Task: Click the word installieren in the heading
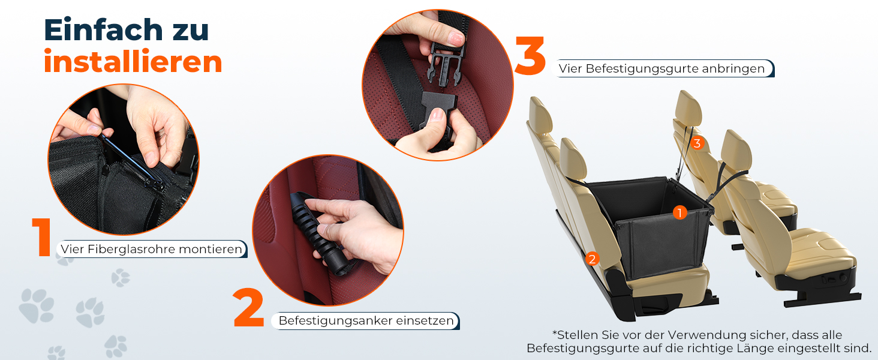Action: (x=133, y=62)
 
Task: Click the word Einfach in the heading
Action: (x=104, y=29)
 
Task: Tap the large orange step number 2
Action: (x=248, y=308)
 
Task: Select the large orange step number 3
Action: (x=530, y=55)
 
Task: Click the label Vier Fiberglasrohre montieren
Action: (x=151, y=249)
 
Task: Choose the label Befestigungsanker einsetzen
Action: (x=366, y=321)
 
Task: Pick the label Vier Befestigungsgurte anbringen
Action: (x=662, y=68)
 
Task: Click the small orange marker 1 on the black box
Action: (x=679, y=212)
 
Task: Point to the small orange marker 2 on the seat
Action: (x=593, y=259)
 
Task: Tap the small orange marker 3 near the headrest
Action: (x=697, y=143)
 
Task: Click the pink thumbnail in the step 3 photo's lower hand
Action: (x=437, y=115)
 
